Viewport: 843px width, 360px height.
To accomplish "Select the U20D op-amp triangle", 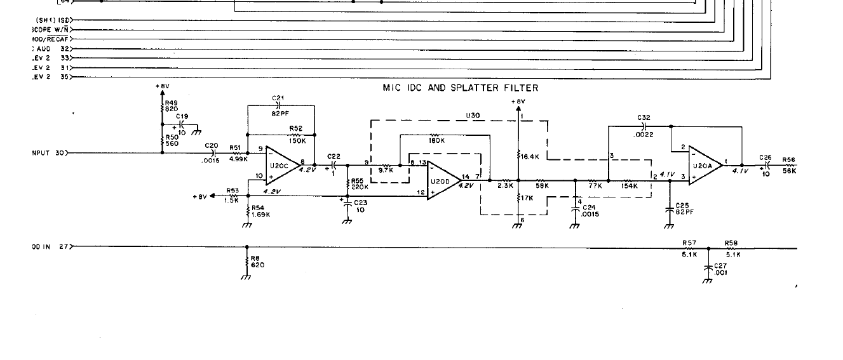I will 442,180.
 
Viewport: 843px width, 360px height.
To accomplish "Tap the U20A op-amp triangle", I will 703,165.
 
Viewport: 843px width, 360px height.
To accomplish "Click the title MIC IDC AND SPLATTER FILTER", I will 460,88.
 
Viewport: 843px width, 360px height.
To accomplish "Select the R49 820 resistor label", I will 172,106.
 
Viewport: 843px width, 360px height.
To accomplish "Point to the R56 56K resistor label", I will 789,166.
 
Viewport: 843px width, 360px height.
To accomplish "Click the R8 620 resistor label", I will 257,262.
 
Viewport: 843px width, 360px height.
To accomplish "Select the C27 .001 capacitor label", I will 721,269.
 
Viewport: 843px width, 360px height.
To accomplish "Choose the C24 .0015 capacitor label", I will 590,211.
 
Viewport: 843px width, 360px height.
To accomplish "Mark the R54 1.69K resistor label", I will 260,211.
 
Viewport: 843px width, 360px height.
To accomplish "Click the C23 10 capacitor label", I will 360,206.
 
